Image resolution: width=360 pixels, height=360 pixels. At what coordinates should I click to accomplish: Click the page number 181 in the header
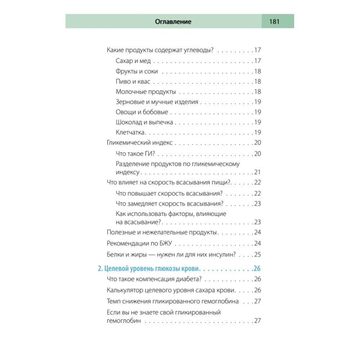click(x=274, y=22)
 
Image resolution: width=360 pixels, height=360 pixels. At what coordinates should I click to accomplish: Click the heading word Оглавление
click(x=173, y=22)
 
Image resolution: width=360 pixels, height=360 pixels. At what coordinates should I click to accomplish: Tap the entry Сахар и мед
click(x=133, y=61)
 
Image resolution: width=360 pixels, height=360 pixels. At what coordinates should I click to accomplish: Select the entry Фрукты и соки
click(x=137, y=71)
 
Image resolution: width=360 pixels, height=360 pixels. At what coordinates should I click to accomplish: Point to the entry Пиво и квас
click(x=133, y=81)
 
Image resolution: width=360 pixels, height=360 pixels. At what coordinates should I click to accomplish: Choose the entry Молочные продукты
click(x=146, y=92)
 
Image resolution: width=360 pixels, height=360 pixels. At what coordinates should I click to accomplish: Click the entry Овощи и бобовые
click(x=142, y=112)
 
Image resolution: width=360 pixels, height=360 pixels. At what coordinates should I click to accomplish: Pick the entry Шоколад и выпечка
click(x=144, y=122)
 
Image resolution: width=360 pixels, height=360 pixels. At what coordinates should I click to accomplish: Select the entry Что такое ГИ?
click(x=135, y=154)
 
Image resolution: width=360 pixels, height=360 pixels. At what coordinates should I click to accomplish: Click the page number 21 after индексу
click(x=257, y=172)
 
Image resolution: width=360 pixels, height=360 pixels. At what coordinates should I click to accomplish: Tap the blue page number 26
click(x=257, y=269)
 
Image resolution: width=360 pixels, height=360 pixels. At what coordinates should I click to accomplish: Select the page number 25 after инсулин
click(x=257, y=255)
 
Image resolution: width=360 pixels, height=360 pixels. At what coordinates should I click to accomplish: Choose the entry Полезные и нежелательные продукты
click(x=162, y=232)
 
